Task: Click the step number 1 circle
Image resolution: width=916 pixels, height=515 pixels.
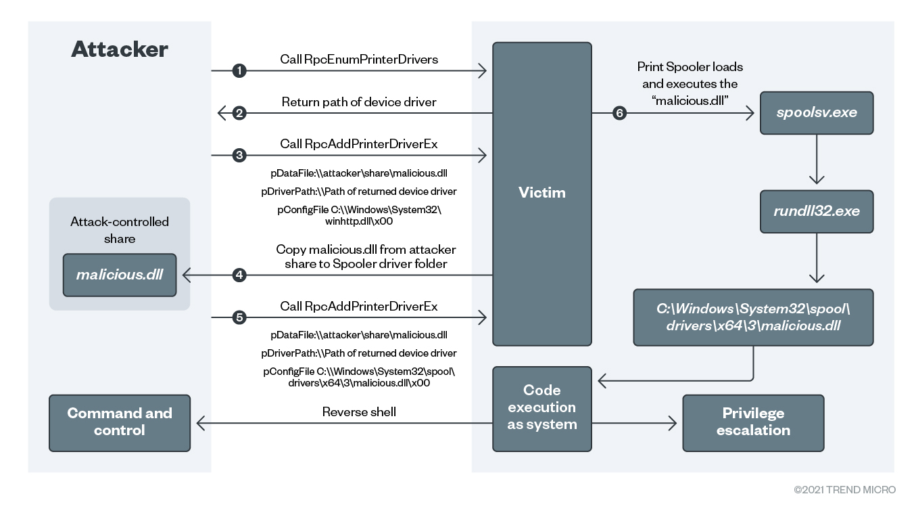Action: pyautogui.click(x=238, y=70)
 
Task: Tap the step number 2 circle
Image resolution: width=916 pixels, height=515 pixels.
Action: pyautogui.click(x=238, y=113)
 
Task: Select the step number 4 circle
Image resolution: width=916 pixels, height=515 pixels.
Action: pyautogui.click(x=238, y=275)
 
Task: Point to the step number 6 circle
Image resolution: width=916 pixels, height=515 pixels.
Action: pyautogui.click(x=619, y=113)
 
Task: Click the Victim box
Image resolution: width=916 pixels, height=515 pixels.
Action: pyautogui.click(x=541, y=194)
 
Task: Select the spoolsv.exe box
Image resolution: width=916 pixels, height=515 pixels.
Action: pyautogui.click(x=817, y=112)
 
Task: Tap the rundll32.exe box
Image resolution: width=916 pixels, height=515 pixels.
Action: pyautogui.click(x=817, y=211)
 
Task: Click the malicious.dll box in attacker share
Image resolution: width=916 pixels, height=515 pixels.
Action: pyautogui.click(x=120, y=275)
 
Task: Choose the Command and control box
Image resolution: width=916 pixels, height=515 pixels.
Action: pyautogui.click(x=120, y=422)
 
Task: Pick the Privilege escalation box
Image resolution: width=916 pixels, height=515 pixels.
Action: pyautogui.click(x=753, y=422)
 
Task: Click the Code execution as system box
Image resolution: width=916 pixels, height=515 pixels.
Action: pyautogui.click(x=541, y=408)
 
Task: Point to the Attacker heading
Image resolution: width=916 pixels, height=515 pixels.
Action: pyautogui.click(x=120, y=49)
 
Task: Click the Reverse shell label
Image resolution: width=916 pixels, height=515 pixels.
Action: pyautogui.click(x=359, y=411)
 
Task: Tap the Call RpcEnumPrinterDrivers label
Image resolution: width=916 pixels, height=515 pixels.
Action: pyautogui.click(x=359, y=60)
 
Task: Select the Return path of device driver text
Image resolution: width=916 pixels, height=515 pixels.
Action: pyautogui.click(x=359, y=102)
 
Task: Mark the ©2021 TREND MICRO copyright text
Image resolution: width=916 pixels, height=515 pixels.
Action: pyautogui.click(x=844, y=489)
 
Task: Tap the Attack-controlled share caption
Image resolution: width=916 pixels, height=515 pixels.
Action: pyautogui.click(x=120, y=230)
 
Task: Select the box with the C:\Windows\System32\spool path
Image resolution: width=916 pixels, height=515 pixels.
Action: pyautogui.click(x=753, y=317)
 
